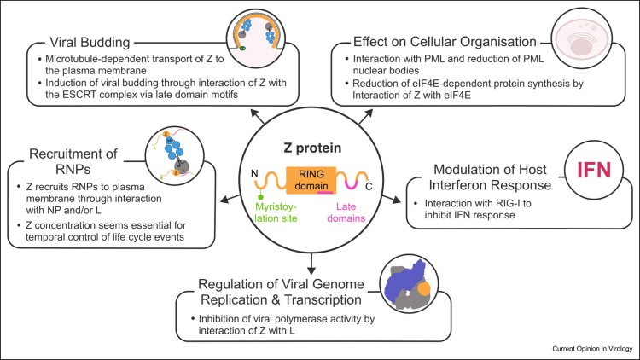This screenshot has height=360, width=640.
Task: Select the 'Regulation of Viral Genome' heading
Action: [x=282, y=287]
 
